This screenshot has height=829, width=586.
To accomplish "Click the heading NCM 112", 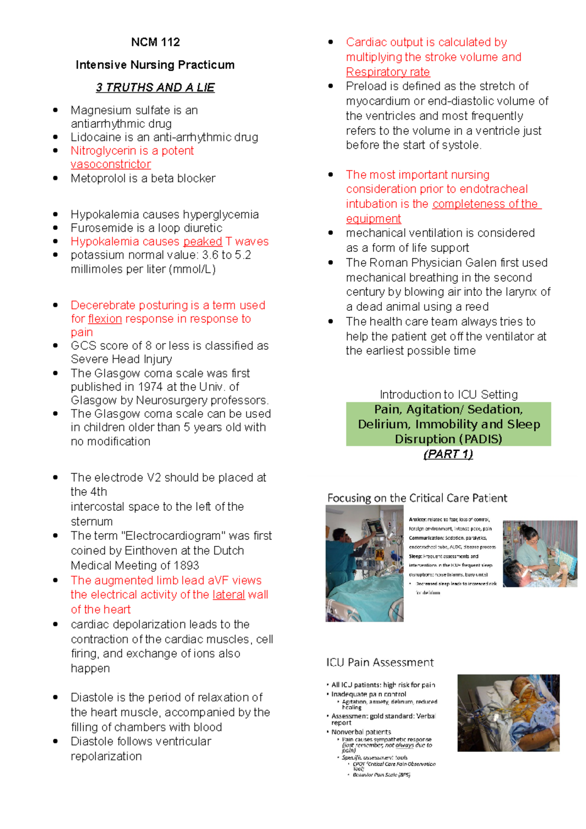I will (155, 42).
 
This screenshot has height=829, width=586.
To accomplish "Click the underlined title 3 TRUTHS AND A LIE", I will (155, 87).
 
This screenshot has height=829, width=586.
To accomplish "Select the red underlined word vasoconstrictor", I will (111, 165).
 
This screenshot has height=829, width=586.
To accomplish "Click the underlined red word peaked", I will (203, 242).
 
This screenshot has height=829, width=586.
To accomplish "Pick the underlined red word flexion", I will (105, 319).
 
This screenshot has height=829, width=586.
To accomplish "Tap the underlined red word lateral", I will (229, 595).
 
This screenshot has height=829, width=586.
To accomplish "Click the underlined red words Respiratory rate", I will (388, 72).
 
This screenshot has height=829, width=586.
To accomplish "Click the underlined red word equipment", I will (374, 219).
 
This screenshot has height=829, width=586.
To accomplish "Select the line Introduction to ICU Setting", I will (448, 394).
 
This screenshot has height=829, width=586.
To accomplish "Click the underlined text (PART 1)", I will (448, 454).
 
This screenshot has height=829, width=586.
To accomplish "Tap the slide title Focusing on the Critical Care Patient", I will (417, 498).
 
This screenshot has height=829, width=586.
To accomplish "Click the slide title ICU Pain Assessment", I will (380, 663).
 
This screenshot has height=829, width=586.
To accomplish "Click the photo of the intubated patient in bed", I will (508, 713).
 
